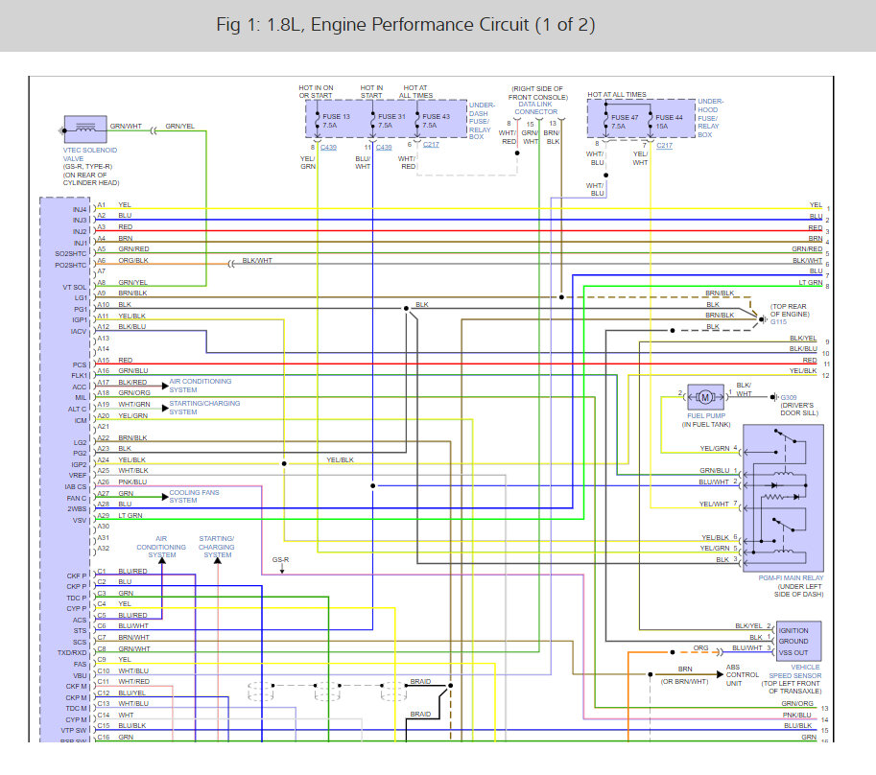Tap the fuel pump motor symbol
click(x=705, y=395)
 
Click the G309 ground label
click(x=789, y=396)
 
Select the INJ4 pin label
click(x=79, y=209)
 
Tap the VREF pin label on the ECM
click(x=79, y=476)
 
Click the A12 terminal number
click(x=103, y=327)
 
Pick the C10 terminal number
click(x=103, y=670)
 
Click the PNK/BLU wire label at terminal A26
click(x=133, y=482)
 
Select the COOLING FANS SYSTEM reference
click(x=194, y=496)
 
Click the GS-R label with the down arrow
click(x=281, y=559)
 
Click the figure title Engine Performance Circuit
click(x=406, y=26)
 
